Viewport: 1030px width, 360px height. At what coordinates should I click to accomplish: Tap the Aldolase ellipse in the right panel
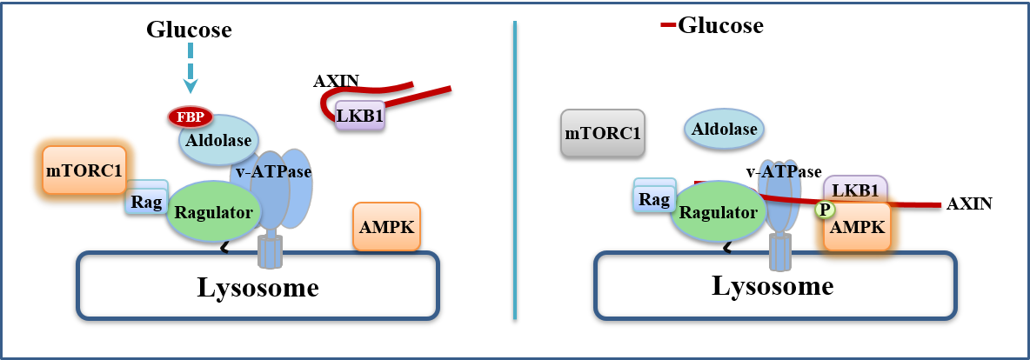[x=724, y=130]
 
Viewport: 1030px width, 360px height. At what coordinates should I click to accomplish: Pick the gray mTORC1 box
[x=603, y=134]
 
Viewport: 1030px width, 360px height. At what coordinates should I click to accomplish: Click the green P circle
[x=824, y=210]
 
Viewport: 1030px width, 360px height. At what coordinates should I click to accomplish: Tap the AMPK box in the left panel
[x=386, y=228]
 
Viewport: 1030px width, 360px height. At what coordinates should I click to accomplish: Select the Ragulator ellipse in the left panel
[x=213, y=211]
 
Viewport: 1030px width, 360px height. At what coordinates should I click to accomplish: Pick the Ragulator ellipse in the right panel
[x=718, y=211]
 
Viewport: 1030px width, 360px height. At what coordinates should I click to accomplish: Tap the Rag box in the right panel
[x=652, y=200]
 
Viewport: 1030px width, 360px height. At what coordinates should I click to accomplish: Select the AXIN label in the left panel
[x=336, y=82]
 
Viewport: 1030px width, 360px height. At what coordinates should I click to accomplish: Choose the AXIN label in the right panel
[x=969, y=204]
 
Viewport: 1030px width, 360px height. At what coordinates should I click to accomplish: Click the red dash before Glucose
[x=668, y=25]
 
